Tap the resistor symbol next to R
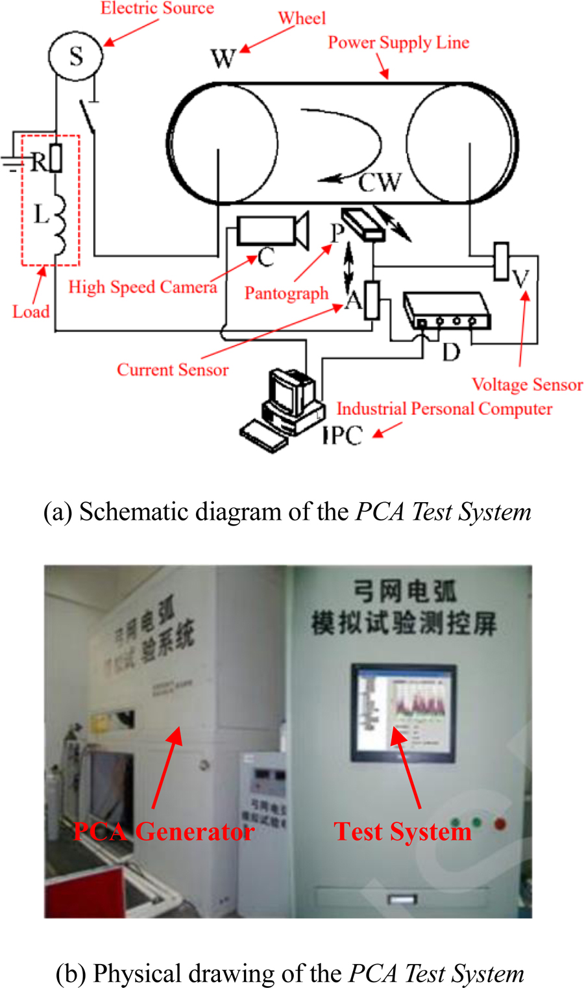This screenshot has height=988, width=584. click(56, 158)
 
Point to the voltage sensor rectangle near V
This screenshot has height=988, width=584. click(501, 262)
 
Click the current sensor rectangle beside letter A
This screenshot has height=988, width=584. click(372, 299)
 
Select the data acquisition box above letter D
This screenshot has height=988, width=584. click(446, 311)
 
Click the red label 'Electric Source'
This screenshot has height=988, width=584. click(157, 8)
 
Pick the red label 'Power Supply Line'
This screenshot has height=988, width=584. click(398, 43)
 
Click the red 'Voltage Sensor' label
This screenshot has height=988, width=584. click(527, 385)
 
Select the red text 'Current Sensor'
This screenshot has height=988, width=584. click(173, 370)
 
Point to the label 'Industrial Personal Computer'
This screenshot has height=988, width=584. click(444, 409)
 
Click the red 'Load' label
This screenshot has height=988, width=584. click(30, 312)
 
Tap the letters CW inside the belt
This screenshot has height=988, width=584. click(380, 183)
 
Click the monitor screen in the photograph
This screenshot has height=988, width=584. click(403, 711)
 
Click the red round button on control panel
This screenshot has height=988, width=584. click(500, 824)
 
